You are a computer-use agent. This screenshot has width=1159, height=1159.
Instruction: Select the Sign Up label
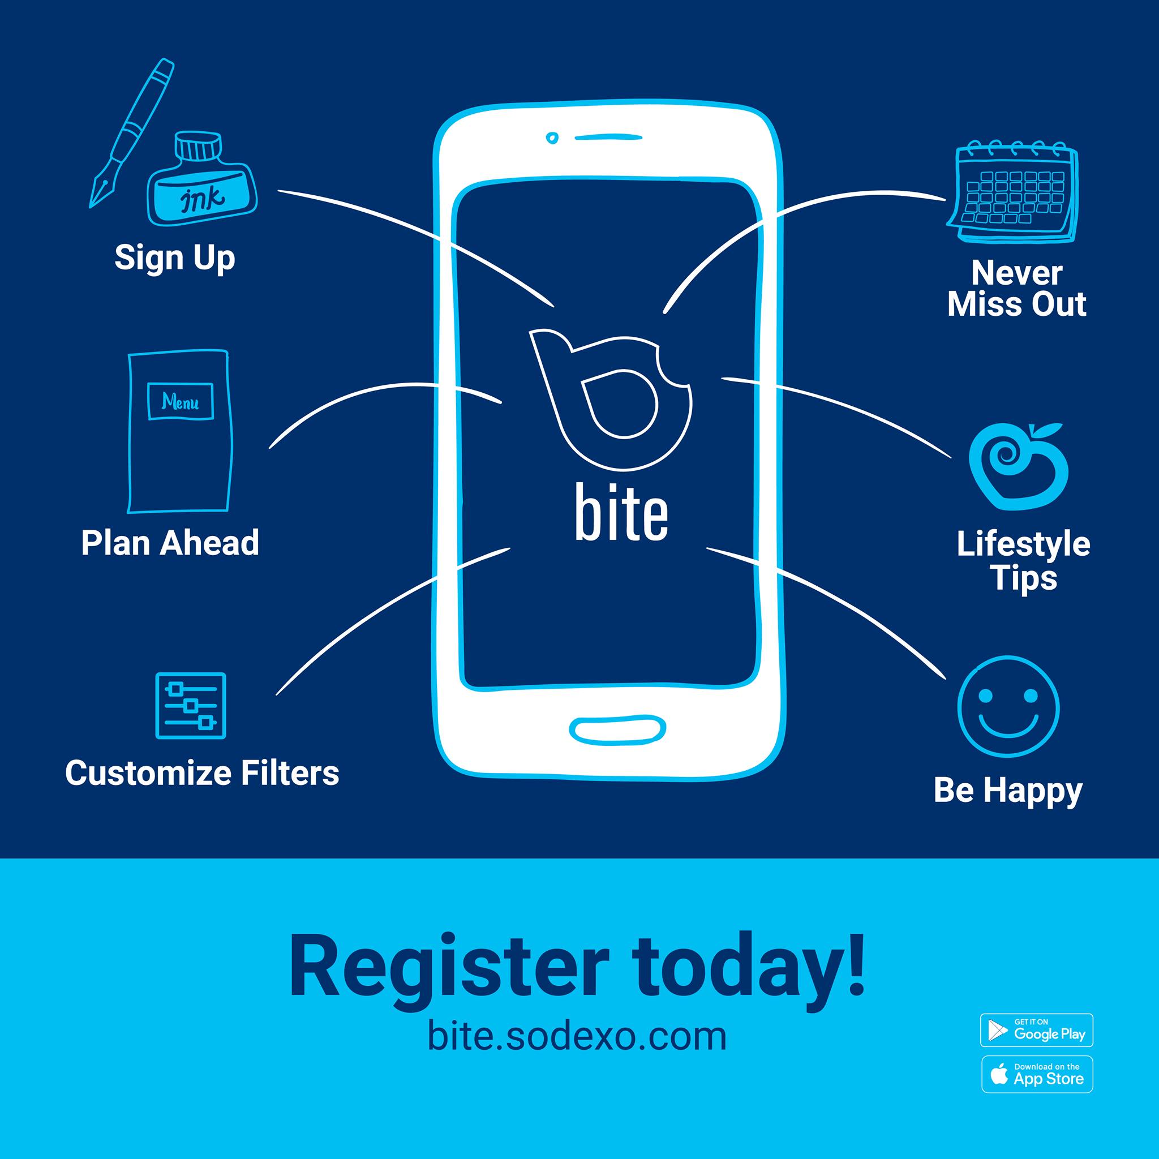(174, 258)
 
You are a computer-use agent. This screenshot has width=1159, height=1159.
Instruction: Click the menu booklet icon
(179, 431)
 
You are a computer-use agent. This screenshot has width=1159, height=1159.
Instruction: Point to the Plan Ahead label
(170, 542)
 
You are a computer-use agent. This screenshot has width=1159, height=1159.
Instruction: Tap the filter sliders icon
(191, 706)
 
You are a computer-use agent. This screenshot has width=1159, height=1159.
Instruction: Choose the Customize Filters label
(202, 772)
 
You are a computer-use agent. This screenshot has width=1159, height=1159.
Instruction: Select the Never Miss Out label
(1017, 289)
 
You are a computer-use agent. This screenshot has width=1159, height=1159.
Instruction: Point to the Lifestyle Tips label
(1023, 561)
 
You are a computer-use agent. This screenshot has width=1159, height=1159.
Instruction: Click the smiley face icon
(1008, 707)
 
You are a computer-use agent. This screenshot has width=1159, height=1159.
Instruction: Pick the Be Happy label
(1008, 791)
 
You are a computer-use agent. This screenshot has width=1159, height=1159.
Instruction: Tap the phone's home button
(617, 729)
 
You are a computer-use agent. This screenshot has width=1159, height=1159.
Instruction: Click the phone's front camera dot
(551, 138)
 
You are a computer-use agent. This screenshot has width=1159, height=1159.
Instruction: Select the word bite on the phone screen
(621, 509)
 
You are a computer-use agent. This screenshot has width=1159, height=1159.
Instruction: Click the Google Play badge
(1037, 1030)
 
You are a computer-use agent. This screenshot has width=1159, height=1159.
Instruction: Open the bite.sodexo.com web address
(577, 1036)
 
